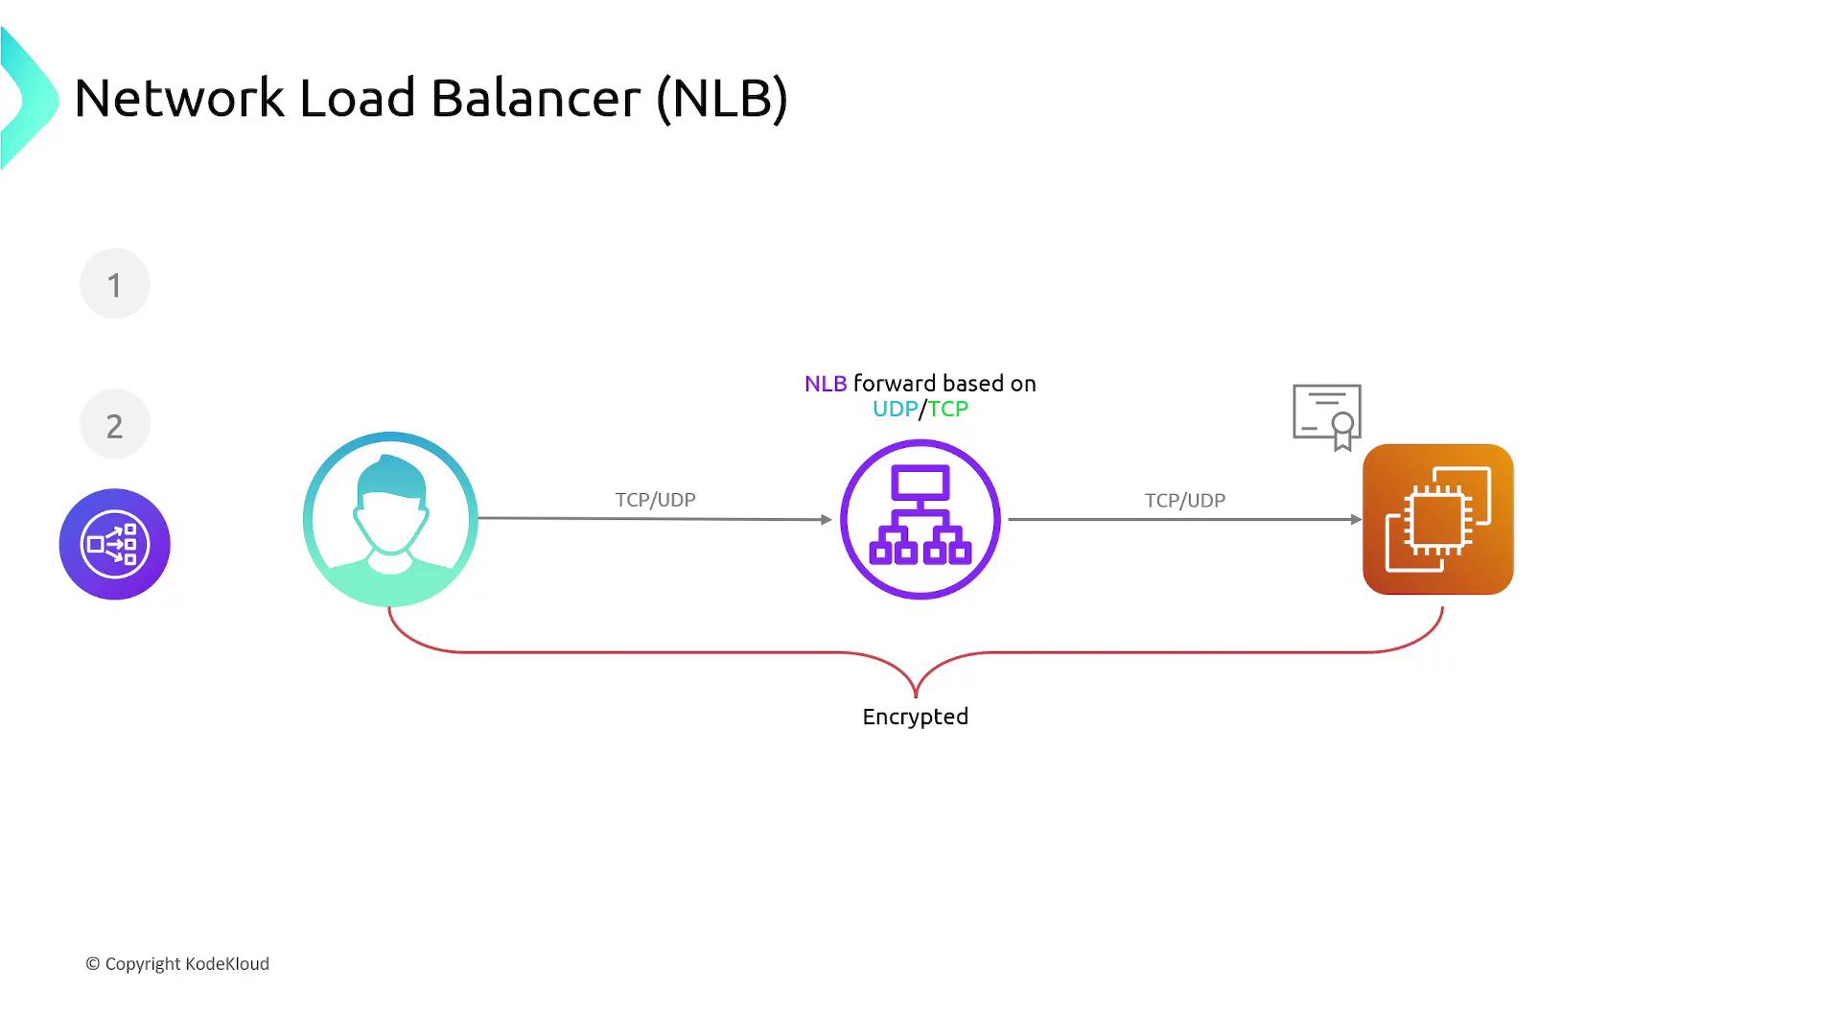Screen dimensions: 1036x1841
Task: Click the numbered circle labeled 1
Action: tap(115, 284)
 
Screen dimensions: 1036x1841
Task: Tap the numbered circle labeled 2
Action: tap(115, 424)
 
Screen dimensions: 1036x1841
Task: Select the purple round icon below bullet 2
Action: tap(115, 544)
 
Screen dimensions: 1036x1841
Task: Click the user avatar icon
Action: tap(390, 519)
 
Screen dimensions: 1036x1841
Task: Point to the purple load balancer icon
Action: tap(920, 519)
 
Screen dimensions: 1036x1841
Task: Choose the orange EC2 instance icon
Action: tap(1437, 519)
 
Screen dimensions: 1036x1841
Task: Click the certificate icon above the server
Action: tap(1328, 415)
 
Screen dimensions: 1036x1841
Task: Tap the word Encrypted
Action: tap(915, 717)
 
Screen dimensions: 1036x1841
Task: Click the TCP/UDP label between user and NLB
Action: tap(655, 500)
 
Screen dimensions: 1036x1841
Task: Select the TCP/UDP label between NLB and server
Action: tap(1184, 501)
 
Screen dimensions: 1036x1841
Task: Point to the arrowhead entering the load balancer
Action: tap(827, 519)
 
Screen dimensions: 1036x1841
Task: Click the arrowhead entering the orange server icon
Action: tap(1356, 519)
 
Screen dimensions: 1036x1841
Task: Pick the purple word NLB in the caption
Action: tap(826, 384)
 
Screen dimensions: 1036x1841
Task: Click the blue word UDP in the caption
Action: tap(895, 410)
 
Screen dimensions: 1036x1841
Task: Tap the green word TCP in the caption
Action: tap(948, 410)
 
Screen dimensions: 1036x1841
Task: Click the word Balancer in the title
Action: tap(535, 98)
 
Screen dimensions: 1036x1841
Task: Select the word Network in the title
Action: tap(179, 98)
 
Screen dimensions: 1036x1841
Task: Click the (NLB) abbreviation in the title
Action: tap(722, 98)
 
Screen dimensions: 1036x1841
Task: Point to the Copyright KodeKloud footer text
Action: tap(177, 964)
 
